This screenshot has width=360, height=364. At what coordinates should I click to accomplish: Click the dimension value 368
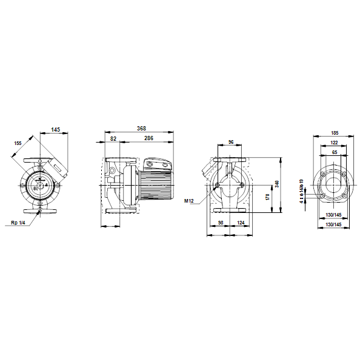click(141, 129)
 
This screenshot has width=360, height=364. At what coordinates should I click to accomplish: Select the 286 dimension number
click(148, 138)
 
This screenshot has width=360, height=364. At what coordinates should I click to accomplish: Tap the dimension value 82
click(113, 138)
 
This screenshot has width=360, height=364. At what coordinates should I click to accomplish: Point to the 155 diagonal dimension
click(18, 143)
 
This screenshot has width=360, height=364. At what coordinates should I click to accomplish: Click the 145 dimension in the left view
click(55, 130)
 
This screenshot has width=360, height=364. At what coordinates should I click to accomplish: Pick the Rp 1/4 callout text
click(18, 223)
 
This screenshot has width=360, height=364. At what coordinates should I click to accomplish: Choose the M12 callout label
click(189, 201)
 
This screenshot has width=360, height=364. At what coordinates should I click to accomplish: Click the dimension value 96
click(231, 142)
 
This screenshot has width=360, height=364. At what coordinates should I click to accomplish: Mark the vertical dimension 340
click(277, 184)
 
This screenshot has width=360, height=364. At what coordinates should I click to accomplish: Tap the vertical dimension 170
click(267, 197)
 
